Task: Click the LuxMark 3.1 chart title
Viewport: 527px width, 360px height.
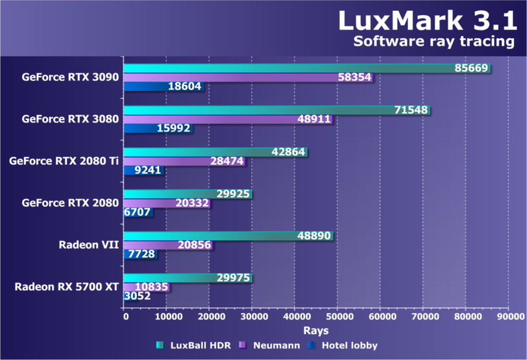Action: point(427,20)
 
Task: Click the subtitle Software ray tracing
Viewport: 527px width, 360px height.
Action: point(434,41)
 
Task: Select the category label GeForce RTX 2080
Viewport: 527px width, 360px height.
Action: point(70,203)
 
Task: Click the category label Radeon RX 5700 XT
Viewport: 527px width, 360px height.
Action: point(67,287)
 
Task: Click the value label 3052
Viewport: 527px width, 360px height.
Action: point(137,296)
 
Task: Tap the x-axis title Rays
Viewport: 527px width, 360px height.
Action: point(316,330)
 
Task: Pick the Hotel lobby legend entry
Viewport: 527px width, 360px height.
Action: point(342,345)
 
